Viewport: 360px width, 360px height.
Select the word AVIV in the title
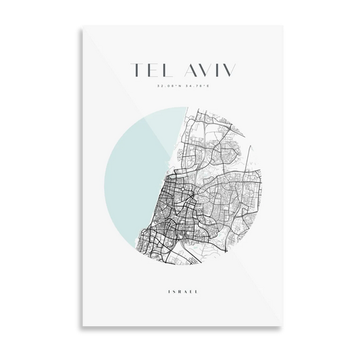[211, 71]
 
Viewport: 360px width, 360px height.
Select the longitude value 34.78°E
[195, 87]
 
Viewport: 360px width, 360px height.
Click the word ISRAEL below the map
[180, 292]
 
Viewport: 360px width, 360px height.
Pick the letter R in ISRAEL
[177, 292]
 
